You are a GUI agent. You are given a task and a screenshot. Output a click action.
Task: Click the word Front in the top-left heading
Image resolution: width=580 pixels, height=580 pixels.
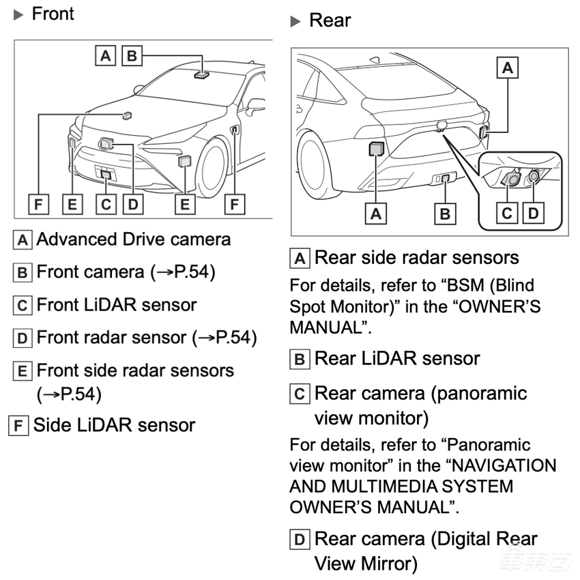coord(53,14)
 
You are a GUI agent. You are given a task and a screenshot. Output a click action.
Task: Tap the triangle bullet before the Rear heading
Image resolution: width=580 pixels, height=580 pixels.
coord(295,22)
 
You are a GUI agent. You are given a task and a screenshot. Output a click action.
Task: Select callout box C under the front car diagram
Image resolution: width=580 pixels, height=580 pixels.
coord(105,204)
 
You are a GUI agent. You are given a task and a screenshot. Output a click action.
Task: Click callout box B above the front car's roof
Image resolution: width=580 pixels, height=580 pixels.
coord(131,55)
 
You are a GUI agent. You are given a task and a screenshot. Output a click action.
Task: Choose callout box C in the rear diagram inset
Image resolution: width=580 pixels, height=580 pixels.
coord(507,213)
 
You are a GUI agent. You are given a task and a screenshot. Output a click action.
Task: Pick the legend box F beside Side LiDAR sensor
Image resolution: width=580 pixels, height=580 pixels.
coord(19,426)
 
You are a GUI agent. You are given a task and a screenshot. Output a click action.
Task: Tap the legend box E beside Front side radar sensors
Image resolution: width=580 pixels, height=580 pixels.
coord(23,371)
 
